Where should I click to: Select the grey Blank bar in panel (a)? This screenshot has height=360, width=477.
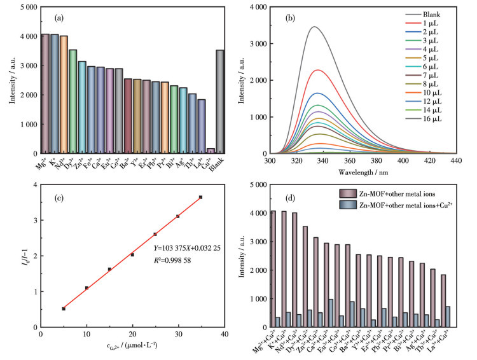click(220, 102)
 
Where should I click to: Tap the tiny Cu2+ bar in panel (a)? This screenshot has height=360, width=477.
click(211, 151)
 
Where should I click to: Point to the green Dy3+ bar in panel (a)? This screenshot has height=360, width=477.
click(73, 102)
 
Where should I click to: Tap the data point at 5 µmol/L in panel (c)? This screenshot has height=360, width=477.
click(64, 308)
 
